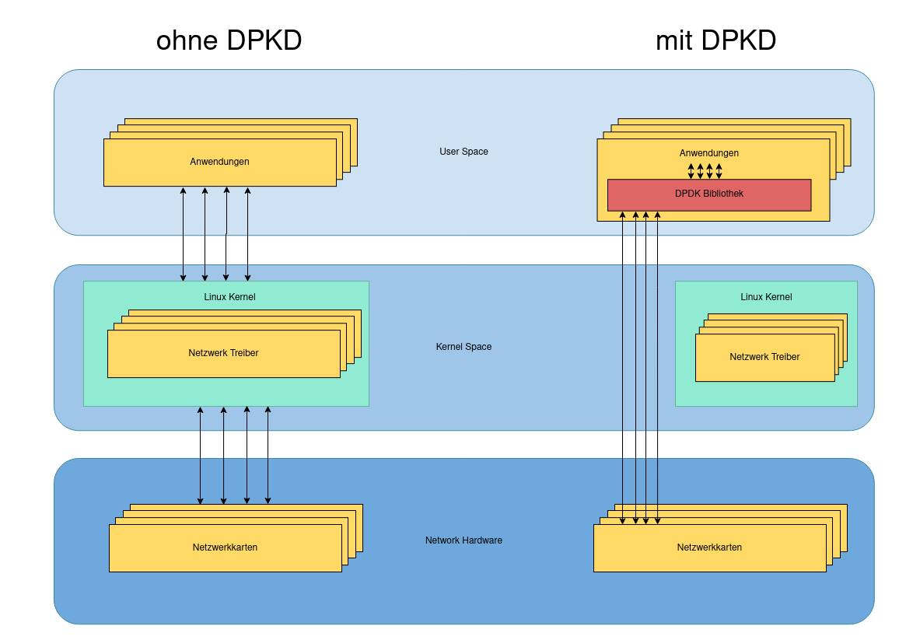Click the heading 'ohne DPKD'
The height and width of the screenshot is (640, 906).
(229, 40)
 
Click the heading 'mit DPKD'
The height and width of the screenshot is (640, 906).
(715, 40)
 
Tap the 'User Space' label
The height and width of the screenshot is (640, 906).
(463, 152)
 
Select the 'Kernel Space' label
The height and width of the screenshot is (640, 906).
(463, 347)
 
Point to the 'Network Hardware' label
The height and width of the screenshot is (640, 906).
(463, 540)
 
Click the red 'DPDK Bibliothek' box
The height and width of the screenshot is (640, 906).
(708, 194)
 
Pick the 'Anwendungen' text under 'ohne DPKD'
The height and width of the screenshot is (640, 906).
(219, 162)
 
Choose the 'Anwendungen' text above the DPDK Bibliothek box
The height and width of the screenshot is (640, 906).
(708, 153)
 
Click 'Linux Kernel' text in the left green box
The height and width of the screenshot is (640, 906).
(229, 297)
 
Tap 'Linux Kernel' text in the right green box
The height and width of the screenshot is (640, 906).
(766, 297)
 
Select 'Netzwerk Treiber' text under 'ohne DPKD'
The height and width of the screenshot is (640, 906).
(223, 353)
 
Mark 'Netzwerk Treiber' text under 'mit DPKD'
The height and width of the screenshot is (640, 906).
(764, 357)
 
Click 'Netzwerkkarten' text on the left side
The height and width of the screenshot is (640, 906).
(225, 547)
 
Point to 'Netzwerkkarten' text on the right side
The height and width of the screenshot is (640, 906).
(709, 547)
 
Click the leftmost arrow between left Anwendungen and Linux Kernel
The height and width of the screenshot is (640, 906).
(184, 233)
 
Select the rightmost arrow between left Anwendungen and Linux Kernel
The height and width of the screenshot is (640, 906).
(248, 233)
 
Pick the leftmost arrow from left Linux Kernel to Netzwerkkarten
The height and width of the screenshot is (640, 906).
(201, 456)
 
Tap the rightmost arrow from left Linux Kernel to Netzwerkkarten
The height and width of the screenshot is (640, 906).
(268, 456)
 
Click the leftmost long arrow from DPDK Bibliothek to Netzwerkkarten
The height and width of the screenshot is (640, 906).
(623, 365)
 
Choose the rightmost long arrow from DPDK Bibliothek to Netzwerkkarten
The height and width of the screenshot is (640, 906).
(658, 365)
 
